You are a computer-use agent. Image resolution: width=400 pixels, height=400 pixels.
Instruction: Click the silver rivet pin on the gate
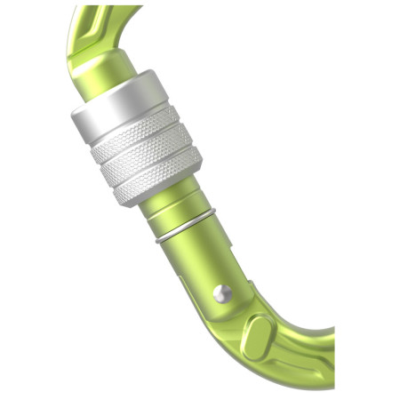coord(224,292)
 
